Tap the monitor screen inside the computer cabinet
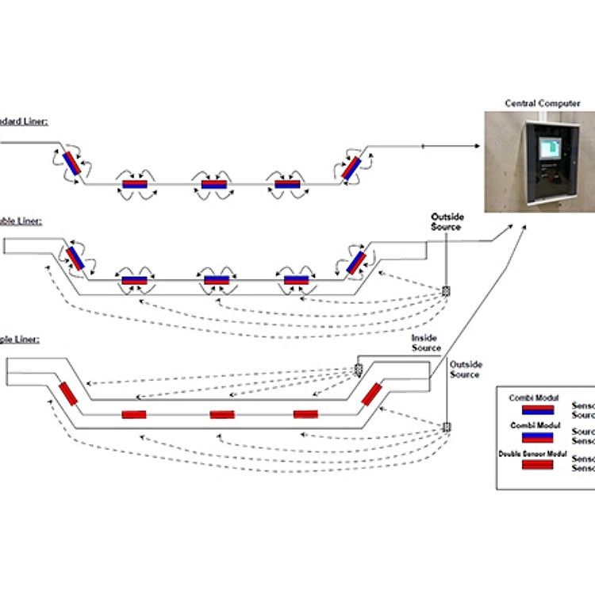pyautogui.click(x=549, y=148)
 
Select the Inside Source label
pyautogui.click(x=425, y=343)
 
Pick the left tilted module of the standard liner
pyautogui.click(x=72, y=163)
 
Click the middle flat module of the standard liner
pyautogui.click(x=214, y=185)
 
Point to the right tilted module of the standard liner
pyautogui.click(x=351, y=166)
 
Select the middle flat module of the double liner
pyautogui.click(x=217, y=280)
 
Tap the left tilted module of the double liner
pyautogui.click(x=77, y=257)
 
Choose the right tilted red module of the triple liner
pyautogui.click(x=371, y=393)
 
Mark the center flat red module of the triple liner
pyautogui.click(x=222, y=414)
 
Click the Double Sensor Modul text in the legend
pyautogui.click(x=531, y=453)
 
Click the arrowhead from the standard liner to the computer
pyautogui.click(x=478, y=146)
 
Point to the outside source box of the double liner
pyautogui.click(x=446, y=291)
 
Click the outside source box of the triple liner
pyautogui.click(x=447, y=427)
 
